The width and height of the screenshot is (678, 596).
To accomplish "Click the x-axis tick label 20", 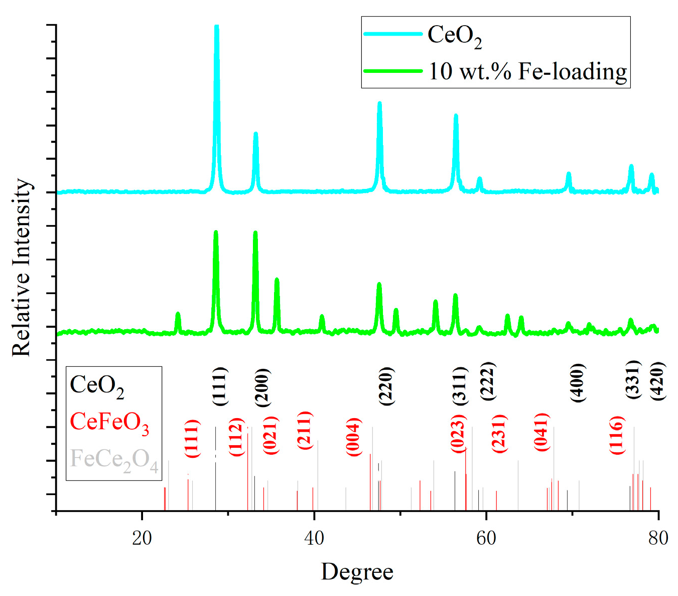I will click(142, 538).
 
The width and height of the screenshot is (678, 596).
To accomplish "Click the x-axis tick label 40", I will click(314, 538).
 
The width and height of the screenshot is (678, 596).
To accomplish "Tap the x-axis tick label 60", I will click(486, 538).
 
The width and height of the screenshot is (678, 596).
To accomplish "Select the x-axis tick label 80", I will click(658, 538).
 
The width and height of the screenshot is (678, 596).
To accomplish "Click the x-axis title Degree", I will click(357, 572).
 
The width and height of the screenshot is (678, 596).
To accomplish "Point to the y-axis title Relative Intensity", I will click(22, 267).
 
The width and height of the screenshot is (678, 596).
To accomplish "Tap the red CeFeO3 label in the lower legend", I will click(109, 422).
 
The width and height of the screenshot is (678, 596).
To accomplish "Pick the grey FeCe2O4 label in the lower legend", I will click(114, 459).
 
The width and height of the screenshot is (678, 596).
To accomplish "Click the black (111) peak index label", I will click(220, 386).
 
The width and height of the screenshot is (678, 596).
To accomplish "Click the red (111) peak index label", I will click(193, 438).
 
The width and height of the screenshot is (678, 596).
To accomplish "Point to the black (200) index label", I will click(262, 387).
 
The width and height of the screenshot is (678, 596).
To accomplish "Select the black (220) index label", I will click(386, 386).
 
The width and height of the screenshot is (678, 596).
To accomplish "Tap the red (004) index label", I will click(354, 437).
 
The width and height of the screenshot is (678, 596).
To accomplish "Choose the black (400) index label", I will click(578, 382).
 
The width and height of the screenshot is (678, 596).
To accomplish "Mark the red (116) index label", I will click(617, 435).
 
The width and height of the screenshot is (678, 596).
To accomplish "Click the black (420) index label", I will click(657, 380).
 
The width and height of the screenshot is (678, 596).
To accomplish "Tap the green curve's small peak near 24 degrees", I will click(178, 314).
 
